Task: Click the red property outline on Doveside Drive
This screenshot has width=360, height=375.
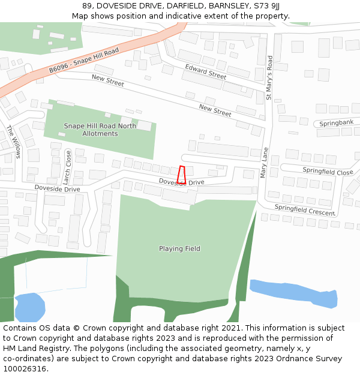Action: coord(182,175)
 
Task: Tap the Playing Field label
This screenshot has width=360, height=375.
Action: coord(179,248)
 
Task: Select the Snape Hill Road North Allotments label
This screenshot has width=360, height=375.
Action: coord(100,130)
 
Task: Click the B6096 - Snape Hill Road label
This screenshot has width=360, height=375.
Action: coord(84,60)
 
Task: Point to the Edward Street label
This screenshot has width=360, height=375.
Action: coord(205,72)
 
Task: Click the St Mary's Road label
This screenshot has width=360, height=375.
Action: coord(269,78)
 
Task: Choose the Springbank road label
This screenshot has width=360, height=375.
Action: coord(336,122)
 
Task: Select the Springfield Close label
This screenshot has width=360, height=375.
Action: coord(328,171)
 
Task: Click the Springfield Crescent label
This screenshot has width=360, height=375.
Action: coord(305,210)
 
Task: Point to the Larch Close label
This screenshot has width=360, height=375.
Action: coord(68,164)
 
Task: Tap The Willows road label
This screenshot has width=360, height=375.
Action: coord(14,142)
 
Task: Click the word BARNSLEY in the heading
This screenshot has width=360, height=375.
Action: coord(230,6)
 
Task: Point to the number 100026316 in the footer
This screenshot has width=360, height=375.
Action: coord(24,368)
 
